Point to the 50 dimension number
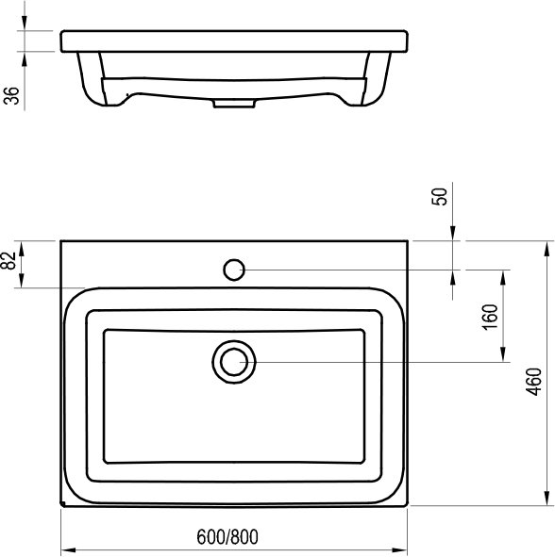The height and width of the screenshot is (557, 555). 439,198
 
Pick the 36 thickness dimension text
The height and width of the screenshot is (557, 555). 11,96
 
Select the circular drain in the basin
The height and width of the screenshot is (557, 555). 233,362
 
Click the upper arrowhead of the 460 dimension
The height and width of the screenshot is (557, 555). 547,248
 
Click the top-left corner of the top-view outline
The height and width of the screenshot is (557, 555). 61,241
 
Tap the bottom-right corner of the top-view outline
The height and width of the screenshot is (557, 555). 409,506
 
